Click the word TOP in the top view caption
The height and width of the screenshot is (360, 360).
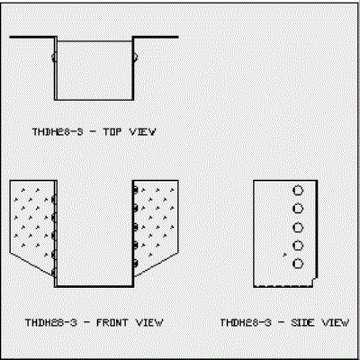[112, 131]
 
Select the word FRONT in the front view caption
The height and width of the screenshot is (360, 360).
[112, 323]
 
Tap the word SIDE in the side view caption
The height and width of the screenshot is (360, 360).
[302, 323]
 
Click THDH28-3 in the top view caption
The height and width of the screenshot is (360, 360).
[58, 131]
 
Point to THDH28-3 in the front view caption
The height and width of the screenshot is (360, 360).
[51, 323]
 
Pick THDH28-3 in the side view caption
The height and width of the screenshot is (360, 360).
[246, 323]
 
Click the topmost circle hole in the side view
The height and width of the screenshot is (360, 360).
[298, 191]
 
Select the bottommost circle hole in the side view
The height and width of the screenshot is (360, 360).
[298, 264]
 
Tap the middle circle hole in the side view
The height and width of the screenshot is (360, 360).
[298, 228]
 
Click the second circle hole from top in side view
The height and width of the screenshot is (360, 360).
[298, 209]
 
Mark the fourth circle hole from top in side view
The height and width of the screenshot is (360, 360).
[298, 246]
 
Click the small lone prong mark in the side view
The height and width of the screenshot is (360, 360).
[284, 255]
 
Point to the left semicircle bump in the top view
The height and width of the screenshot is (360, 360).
[53, 57]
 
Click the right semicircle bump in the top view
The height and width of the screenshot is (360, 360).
[135, 57]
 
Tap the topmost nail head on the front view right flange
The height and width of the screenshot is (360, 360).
[135, 190]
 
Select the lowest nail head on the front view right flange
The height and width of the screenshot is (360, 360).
[135, 264]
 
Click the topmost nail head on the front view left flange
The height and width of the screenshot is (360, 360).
[54, 200]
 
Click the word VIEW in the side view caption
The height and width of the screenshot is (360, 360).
[336, 323]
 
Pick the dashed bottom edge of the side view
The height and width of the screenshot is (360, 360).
[283, 286]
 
